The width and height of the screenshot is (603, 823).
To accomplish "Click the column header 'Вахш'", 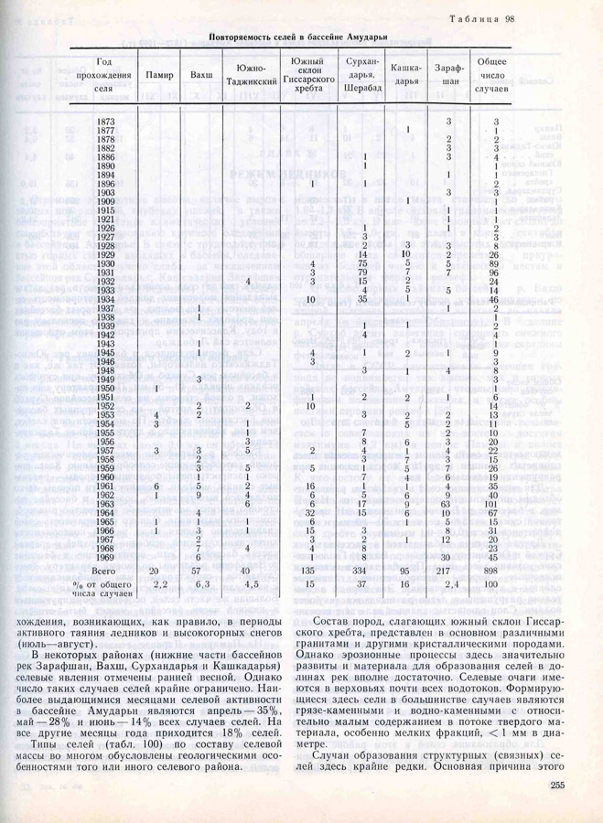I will click(x=199, y=74).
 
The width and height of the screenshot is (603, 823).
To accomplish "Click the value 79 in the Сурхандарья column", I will click(x=364, y=272).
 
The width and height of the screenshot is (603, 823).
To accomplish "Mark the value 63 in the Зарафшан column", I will click(x=448, y=503).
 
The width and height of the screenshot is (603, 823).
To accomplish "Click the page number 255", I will click(x=561, y=786).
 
